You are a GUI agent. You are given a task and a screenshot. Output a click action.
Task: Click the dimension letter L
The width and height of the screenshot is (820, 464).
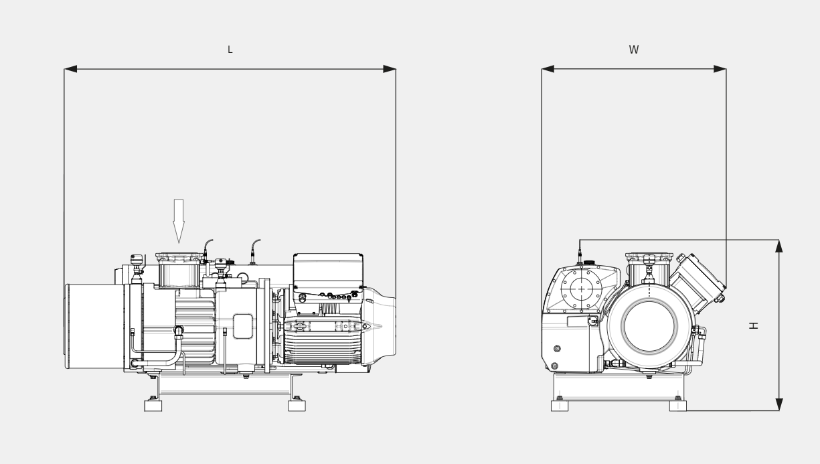(x=230, y=50)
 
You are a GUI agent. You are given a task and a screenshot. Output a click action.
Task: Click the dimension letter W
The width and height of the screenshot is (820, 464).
(x=634, y=50)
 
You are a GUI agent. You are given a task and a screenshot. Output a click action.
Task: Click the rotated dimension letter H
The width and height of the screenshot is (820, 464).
(x=753, y=325)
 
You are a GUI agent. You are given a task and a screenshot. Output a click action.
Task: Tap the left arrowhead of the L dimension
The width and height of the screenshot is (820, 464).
(x=71, y=69)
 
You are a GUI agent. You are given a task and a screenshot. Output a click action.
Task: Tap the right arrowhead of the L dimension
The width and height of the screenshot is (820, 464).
(x=390, y=69)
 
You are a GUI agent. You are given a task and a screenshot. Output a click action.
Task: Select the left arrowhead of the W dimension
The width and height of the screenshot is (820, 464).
(x=548, y=69)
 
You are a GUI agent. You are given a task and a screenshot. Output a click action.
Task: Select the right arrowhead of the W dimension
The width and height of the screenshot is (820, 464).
(x=720, y=69)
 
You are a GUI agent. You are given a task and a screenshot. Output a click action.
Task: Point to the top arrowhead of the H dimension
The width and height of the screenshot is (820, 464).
(x=779, y=246)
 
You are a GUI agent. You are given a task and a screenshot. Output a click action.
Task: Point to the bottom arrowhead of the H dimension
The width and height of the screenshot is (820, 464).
(x=779, y=404)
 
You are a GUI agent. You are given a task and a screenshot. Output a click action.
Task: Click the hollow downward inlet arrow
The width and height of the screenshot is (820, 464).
(x=179, y=221)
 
